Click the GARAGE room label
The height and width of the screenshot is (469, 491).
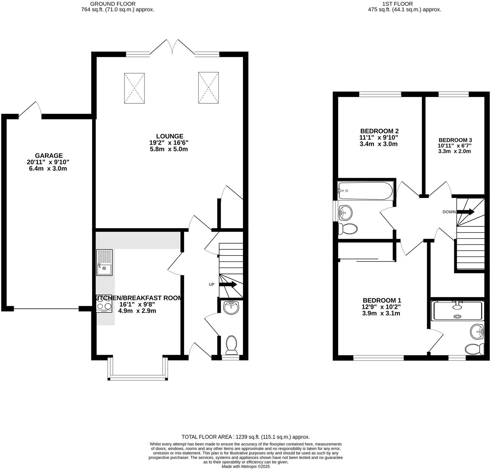pyautogui.click(x=49, y=156)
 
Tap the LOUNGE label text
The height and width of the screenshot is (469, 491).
pyautogui.click(x=169, y=136)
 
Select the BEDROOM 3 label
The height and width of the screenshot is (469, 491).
pyautogui.click(x=455, y=140)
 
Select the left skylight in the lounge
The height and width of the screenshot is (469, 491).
pyautogui.click(x=134, y=88)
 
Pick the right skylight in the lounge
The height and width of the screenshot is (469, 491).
pyautogui.click(x=209, y=88)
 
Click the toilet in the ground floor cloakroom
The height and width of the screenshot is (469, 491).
pyautogui.click(x=231, y=346)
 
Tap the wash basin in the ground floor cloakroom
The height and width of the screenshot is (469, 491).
pyautogui.click(x=231, y=308)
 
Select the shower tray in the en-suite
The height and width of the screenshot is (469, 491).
pyautogui.click(x=457, y=311)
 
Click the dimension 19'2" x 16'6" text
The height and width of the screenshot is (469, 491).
pyautogui.click(x=169, y=143)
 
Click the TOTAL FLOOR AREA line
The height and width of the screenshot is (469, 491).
pyautogui.click(x=246, y=437)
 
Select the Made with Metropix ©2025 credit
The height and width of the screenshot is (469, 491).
pyautogui.click(x=246, y=467)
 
